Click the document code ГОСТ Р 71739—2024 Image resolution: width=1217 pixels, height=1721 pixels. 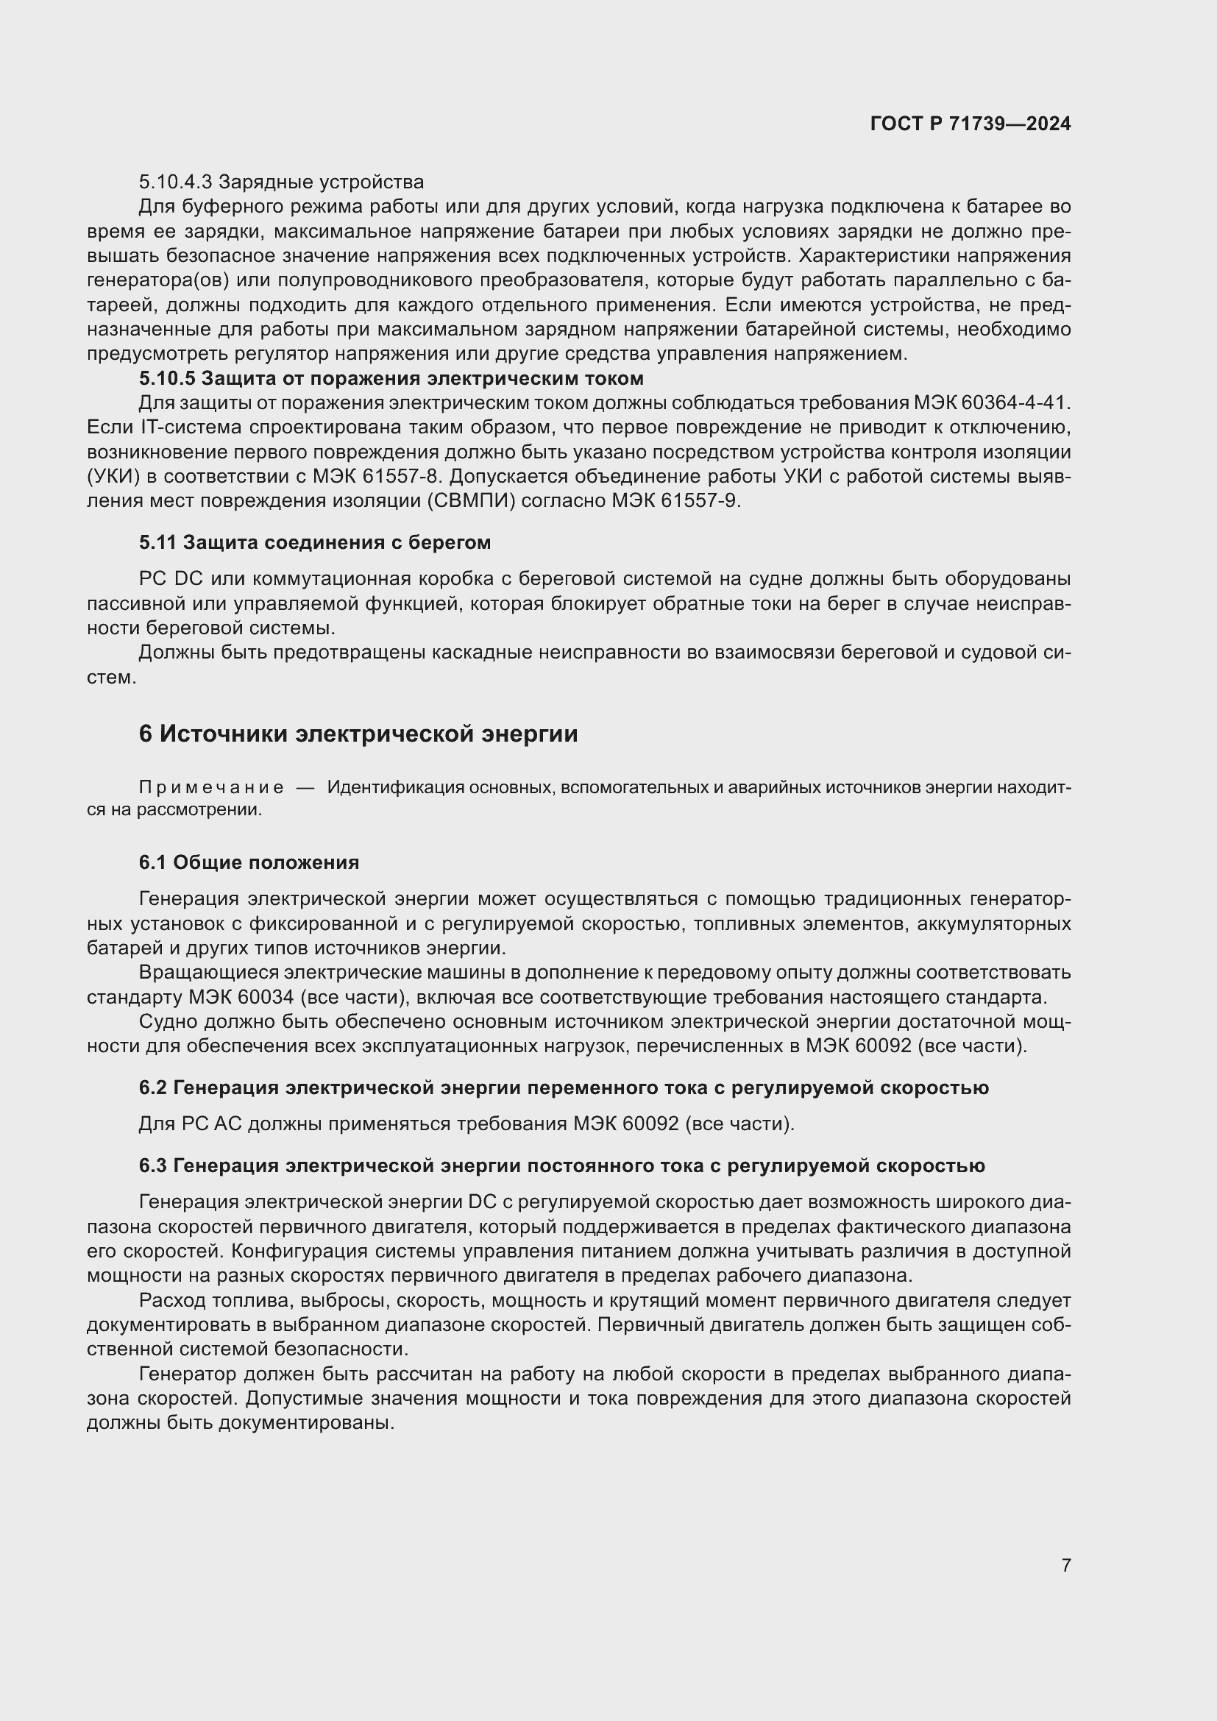[x=971, y=124]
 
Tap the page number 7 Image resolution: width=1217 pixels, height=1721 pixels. [x=1065, y=1565]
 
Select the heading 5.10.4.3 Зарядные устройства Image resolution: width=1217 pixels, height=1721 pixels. [x=281, y=182]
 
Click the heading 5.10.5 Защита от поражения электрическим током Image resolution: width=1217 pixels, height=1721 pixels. [x=391, y=377]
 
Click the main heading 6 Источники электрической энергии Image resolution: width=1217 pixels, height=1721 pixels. [x=358, y=734]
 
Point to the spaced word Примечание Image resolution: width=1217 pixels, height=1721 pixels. [x=211, y=788]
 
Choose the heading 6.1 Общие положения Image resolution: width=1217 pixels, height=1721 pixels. [x=249, y=863]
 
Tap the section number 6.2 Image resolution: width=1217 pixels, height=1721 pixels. [x=153, y=1087]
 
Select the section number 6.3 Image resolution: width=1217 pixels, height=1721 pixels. [x=153, y=1165]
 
